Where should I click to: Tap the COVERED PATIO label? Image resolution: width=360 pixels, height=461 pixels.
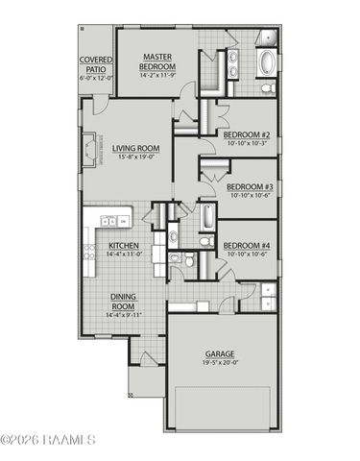[96, 65]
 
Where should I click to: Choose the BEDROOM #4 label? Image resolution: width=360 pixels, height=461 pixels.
[248, 246]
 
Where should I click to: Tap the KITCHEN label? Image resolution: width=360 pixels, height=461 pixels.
[124, 246]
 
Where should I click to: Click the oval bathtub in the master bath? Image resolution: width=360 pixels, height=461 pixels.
[268, 65]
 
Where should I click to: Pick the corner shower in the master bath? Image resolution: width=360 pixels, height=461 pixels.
[270, 38]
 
